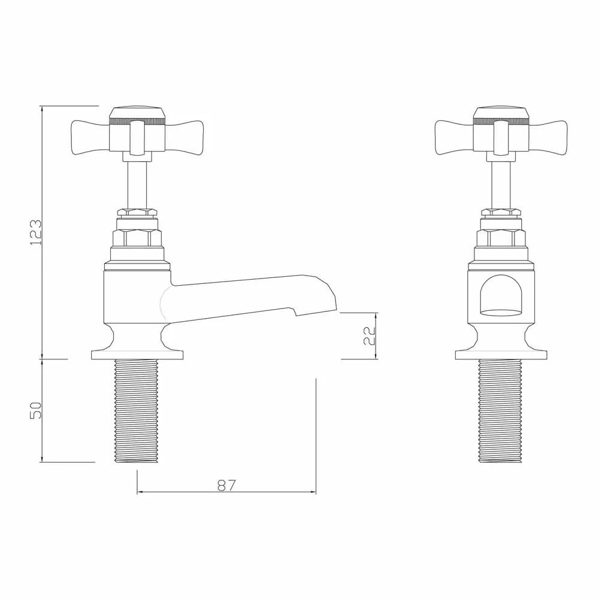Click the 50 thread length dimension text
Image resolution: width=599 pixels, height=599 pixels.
(37, 410)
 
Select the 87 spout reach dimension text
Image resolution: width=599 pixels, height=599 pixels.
(226, 485)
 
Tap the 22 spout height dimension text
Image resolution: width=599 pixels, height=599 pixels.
(370, 336)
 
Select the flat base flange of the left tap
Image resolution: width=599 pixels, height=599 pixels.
(137, 355)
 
